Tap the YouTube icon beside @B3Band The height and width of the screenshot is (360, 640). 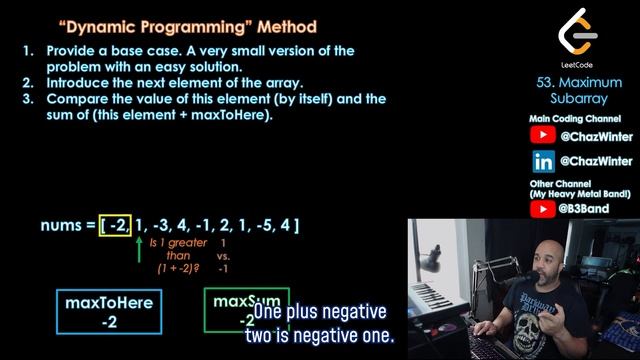tap(542, 209)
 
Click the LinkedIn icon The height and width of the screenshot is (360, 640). tap(542, 161)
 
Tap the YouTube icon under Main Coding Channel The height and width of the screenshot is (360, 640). tap(542, 134)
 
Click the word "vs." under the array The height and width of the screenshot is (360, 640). tap(223, 255)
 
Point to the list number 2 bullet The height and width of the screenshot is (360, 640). tap(27, 82)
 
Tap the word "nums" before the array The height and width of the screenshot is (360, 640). tap(61, 225)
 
